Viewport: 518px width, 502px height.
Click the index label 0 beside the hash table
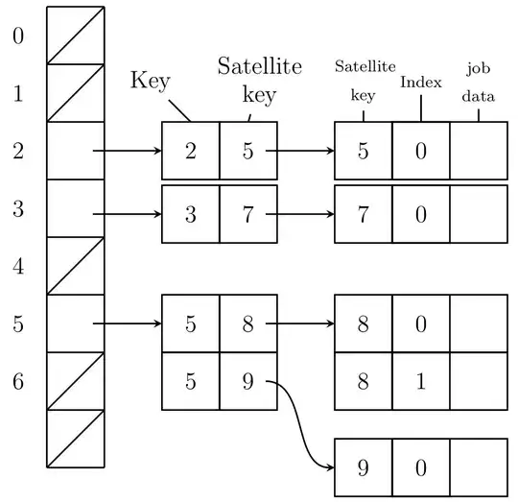coord(17,36)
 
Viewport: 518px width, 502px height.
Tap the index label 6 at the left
coord(17,381)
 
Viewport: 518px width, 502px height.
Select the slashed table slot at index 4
coord(76,266)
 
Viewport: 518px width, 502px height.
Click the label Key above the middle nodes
coord(150,81)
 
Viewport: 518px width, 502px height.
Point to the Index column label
coord(420,83)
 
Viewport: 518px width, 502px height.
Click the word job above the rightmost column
coord(478,68)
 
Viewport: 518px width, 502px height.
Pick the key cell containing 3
coord(191,214)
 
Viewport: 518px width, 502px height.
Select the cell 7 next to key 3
coord(248,214)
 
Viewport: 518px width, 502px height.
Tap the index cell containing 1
coord(420,381)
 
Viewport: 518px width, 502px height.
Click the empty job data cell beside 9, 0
coord(478,467)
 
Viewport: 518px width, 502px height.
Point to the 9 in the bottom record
coord(363,467)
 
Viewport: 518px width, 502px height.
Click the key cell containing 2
coord(191,151)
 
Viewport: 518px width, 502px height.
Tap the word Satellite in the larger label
coord(259,66)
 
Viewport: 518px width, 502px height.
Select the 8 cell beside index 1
coord(363,381)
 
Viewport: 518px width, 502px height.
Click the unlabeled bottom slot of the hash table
coord(76,439)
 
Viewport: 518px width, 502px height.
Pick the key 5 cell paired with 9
coord(191,381)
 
